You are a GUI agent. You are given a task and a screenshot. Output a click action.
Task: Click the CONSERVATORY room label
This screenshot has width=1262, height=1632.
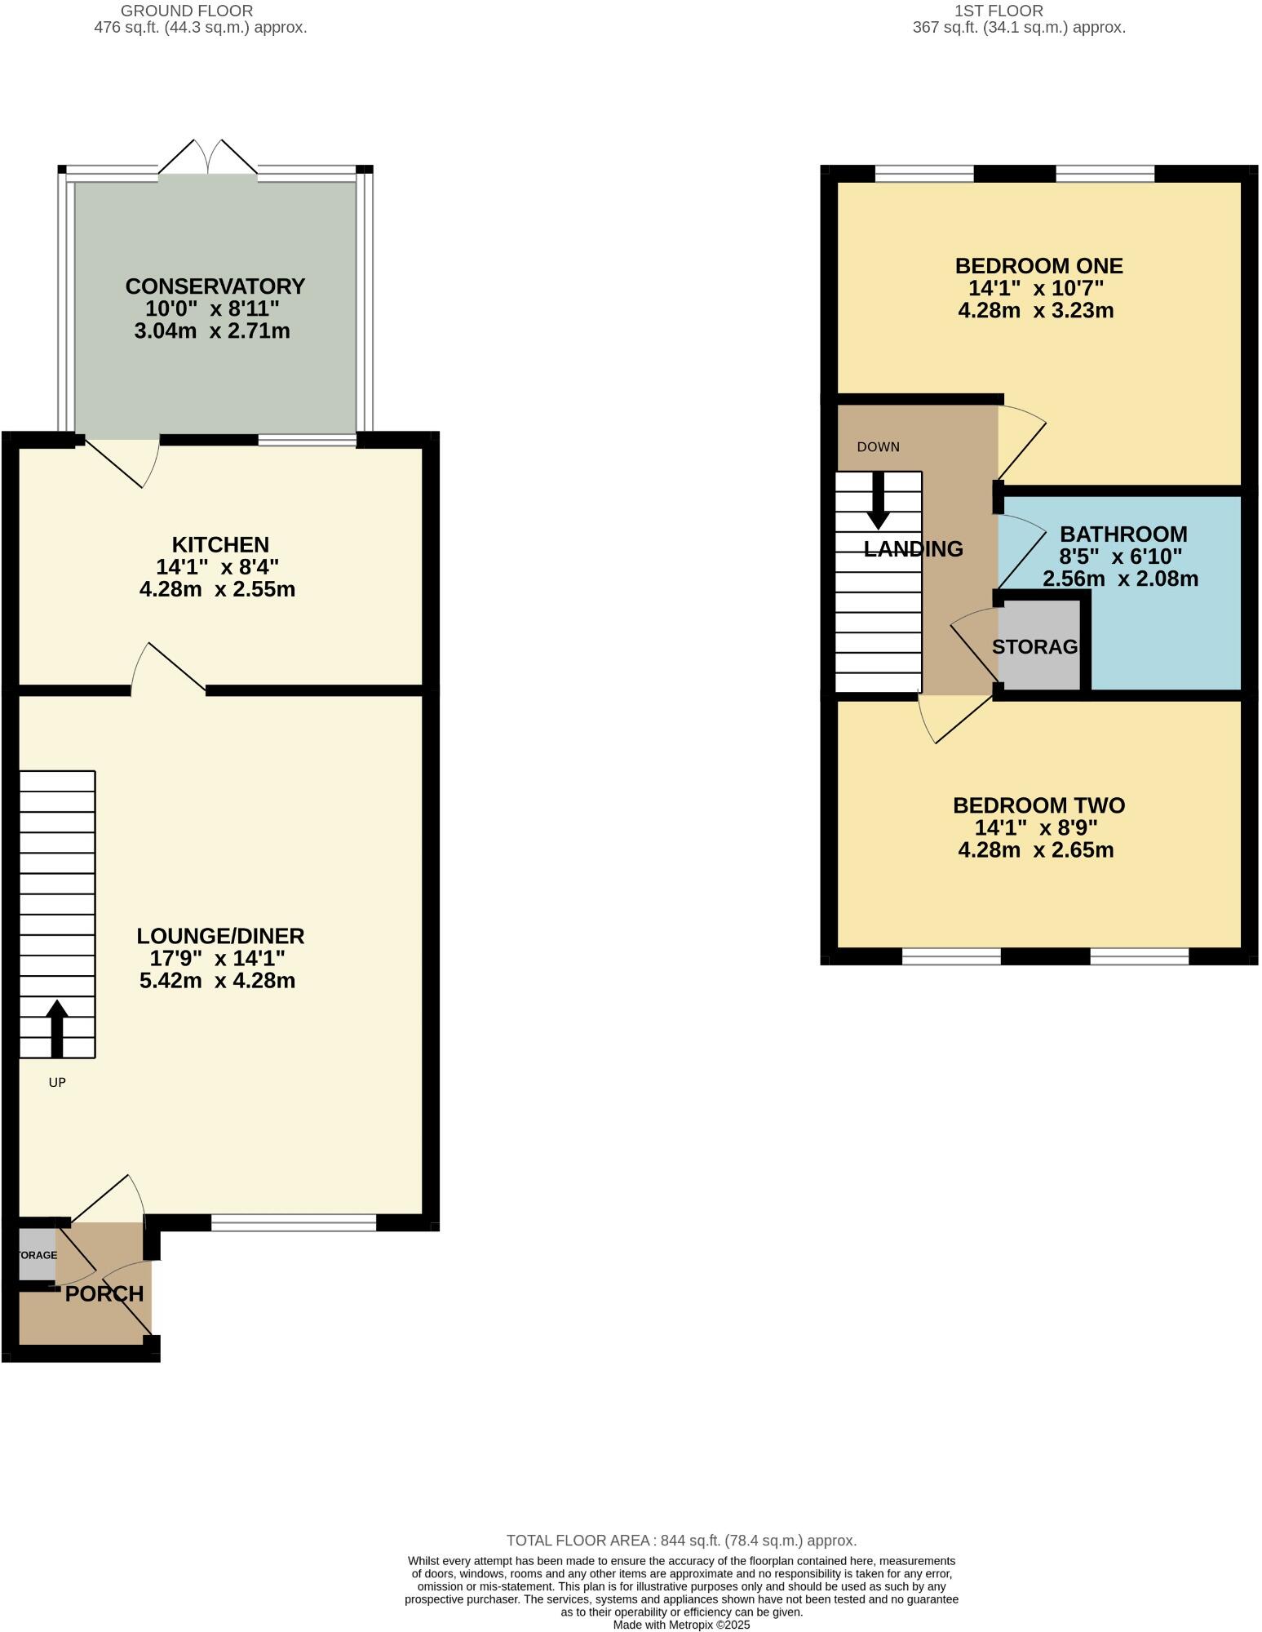click(x=215, y=286)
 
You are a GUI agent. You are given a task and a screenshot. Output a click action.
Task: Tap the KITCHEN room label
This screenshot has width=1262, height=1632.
click(x=220, y=544)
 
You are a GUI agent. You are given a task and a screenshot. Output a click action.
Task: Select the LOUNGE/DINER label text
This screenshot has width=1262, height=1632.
click(x=220, y=936)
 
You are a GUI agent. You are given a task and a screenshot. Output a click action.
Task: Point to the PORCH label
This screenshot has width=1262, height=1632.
click(x=104, y=1293)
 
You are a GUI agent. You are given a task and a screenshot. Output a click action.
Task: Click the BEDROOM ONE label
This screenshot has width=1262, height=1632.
click(x=1038, y=266)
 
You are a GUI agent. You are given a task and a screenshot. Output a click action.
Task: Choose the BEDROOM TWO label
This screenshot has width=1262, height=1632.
click(x=1038, y=805)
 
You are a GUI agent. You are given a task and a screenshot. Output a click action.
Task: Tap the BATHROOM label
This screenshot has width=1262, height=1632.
click(x=1123, y=534)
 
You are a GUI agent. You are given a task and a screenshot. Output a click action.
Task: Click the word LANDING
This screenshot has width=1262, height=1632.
click(x=913, y=549)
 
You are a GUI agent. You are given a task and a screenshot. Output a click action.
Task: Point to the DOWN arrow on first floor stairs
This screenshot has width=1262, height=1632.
click(x=879, y=500)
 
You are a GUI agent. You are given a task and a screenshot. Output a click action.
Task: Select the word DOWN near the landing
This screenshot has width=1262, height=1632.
click(x=878, y=447)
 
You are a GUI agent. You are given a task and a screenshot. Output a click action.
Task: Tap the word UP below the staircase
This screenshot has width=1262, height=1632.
click(x=57, y=1083)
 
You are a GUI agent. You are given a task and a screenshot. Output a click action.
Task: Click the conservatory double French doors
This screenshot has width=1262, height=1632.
click(x=208, y=158)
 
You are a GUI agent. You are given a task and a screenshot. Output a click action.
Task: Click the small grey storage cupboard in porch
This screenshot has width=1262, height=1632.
click(x=36, y=1254)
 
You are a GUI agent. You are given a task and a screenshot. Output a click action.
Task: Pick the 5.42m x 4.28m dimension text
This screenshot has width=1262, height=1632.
click(x=217, y=981)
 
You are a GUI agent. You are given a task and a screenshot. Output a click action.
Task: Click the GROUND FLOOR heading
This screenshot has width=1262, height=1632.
click(x=187, y=11)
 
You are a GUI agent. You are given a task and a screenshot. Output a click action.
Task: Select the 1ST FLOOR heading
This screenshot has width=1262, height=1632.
click(x=999, y=11)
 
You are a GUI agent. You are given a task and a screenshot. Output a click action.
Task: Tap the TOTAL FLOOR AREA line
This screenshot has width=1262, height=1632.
click(x=681, y=1541)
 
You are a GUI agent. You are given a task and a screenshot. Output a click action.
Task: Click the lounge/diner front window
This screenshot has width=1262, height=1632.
click(x=294, y=1222)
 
